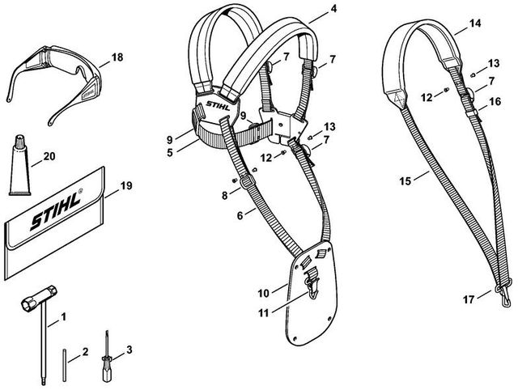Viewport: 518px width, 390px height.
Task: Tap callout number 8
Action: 214,195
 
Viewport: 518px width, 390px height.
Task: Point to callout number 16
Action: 495,103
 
